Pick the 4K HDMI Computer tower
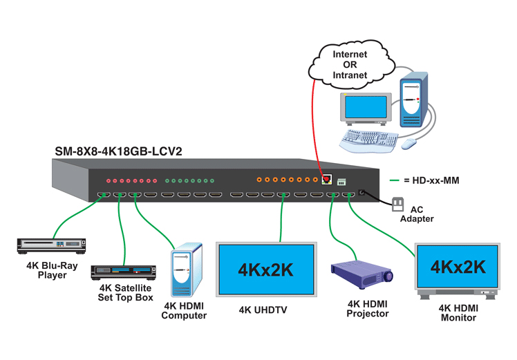(x=186, y=271)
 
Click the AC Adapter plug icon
(x=397, y=205)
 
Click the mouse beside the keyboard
(x=409, y=144)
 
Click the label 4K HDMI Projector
(x=368, y=308)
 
